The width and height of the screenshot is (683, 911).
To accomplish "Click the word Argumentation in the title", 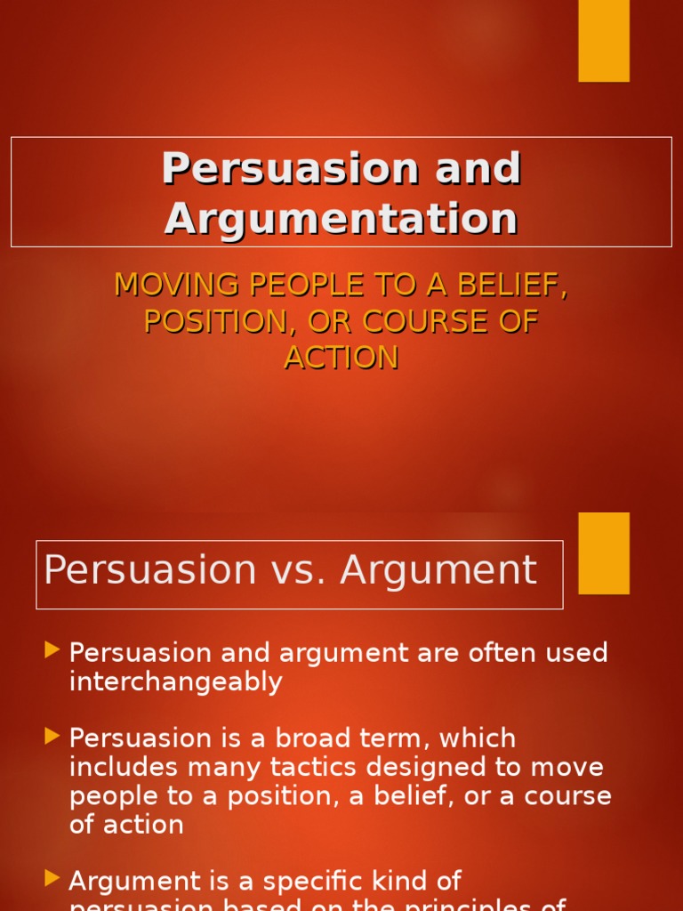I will tap(341, 218).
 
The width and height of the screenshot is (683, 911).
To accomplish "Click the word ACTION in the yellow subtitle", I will tap(341, 358).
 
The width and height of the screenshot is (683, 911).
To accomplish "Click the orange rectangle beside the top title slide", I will tap(604, 40).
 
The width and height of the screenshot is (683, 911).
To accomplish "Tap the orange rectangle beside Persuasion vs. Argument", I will tap(604, 552).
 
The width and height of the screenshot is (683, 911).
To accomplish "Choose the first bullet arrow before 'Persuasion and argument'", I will tap(52, 651).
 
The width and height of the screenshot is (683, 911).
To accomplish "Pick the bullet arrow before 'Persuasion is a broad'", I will tap(52, 737).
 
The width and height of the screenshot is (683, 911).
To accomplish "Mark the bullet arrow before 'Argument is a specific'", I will tap(52, 879).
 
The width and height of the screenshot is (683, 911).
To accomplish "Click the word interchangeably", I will tap(175, 682).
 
